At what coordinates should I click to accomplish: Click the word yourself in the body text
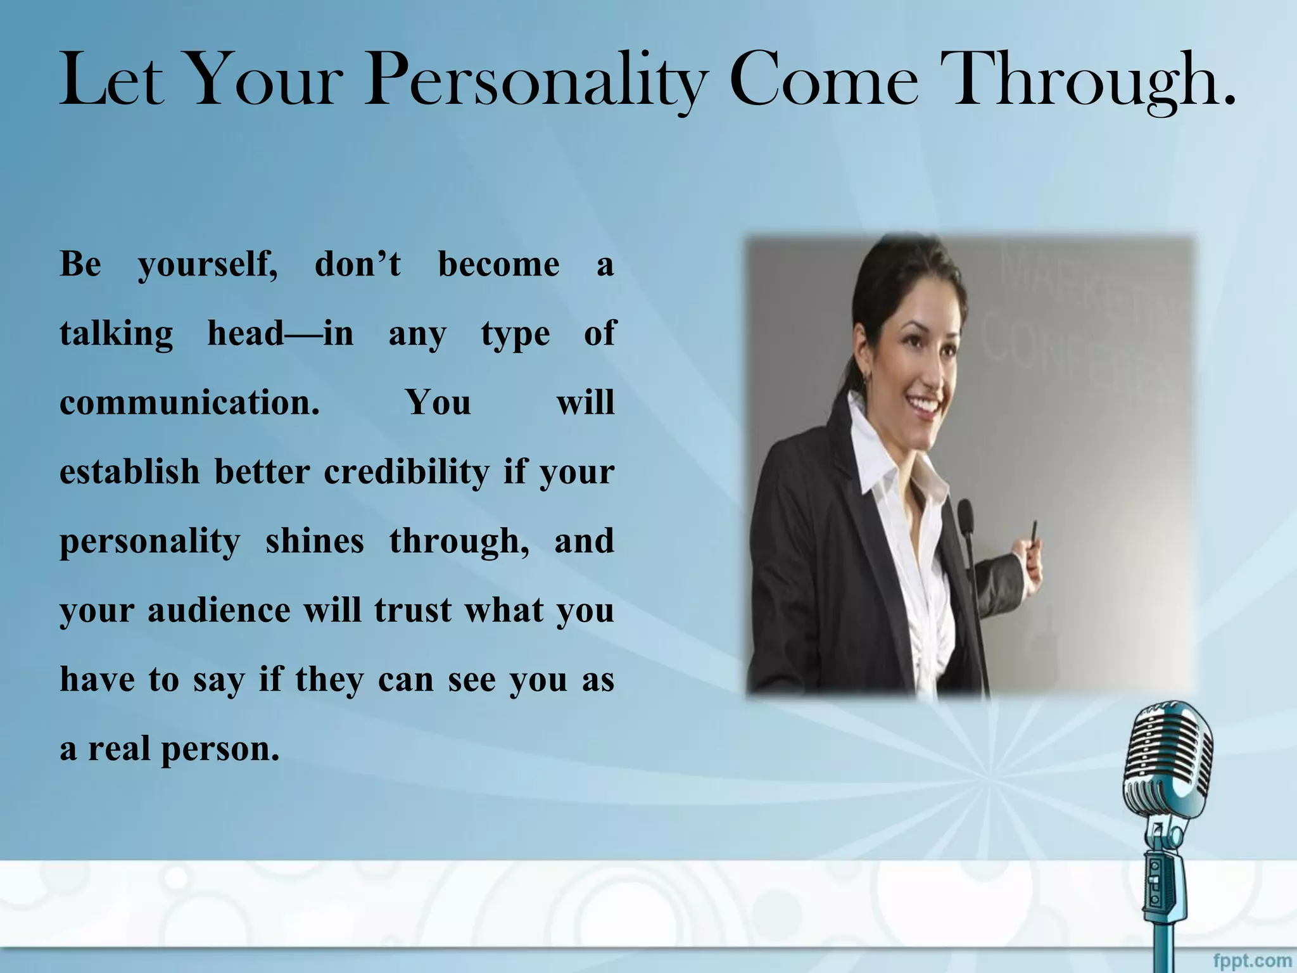[x=207, y=265]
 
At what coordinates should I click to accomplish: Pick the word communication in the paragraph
[x=189, y=402]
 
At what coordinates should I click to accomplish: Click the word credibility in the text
[x=406, y=472]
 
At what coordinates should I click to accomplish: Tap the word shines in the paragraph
[x=315, y=541]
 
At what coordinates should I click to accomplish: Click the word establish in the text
[x=129, y=472]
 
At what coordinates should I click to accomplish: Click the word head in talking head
[x=246, y=333]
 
